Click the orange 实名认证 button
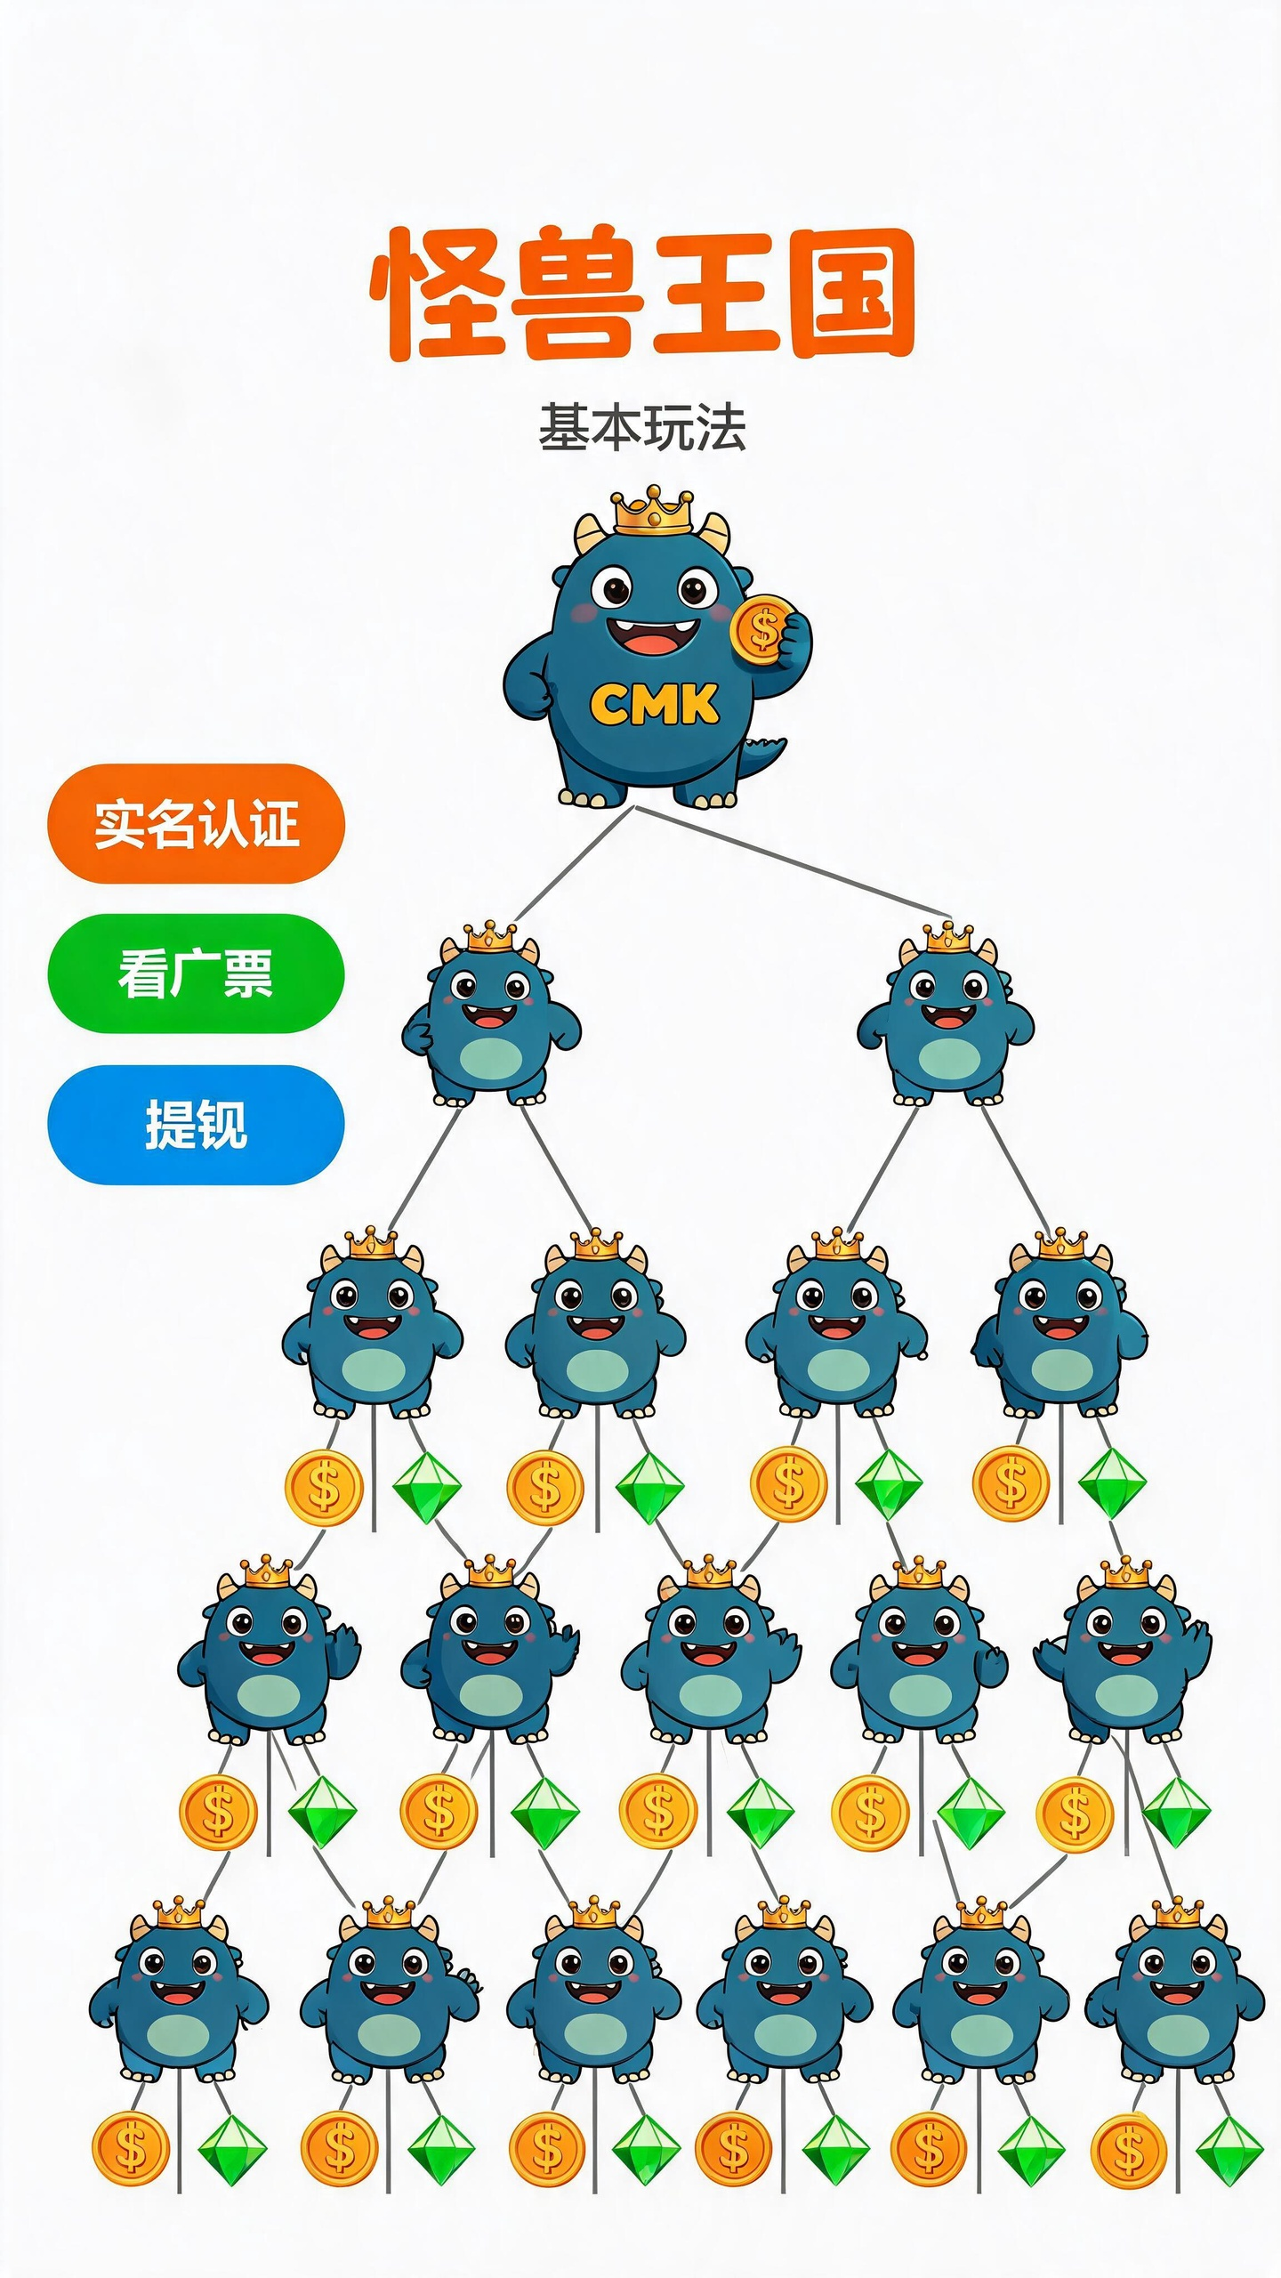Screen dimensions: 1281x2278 [196, 823]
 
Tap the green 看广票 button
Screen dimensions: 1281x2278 [196, 973]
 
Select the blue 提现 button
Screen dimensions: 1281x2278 [196, 1125]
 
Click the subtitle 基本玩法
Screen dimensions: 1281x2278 [641, 427]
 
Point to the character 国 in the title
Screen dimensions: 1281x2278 [852, 294]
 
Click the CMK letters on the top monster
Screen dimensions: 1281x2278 [654, 704]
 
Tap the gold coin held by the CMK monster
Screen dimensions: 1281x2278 [761, 630]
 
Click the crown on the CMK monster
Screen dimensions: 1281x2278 [653, 512]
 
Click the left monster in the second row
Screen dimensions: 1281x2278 [490, 1014]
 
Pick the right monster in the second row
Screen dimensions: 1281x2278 [947, 1014]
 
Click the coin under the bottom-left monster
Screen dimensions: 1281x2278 [131, 2149]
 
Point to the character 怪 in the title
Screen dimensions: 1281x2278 [436, 294]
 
